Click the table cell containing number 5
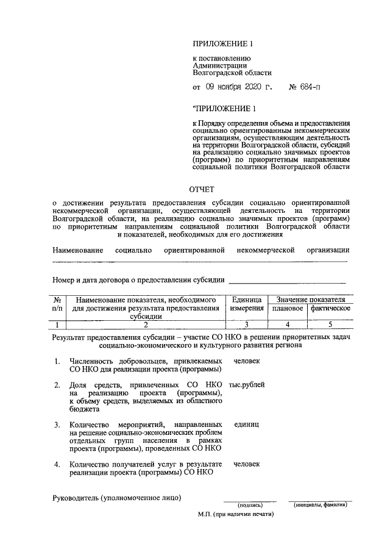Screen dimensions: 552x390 click(x=330, y=324)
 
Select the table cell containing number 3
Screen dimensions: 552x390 click(x=247, y=324)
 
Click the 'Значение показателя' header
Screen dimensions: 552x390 click(x=310, y=299)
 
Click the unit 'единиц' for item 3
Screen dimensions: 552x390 click(x=247, y=423)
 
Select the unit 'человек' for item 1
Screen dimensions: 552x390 click(x=247, y=361)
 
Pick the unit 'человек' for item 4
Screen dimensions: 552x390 click(x=247, y=464)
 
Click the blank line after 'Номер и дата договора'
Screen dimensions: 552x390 click(x=286, y=282)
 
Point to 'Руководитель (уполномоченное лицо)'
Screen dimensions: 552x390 click(x=117, y=498)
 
